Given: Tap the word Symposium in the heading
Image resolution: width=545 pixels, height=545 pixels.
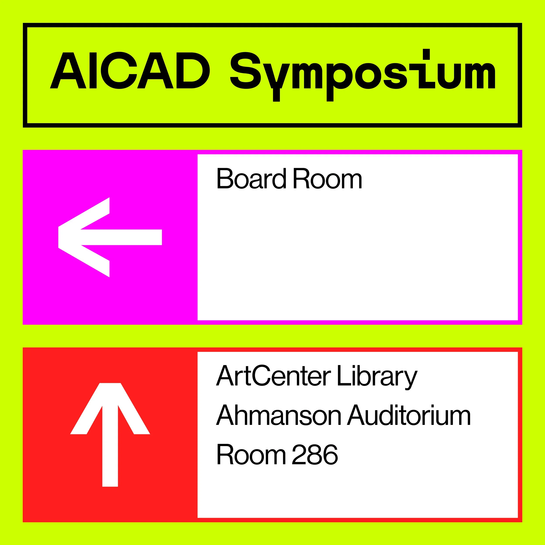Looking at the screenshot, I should pyautogui.click(x=363, y=72).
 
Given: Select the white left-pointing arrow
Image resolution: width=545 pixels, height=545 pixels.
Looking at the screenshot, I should pyautogui.click(x=110, y=237).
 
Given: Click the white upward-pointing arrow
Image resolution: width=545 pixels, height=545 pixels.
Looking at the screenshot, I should pyautogui.click(x=110, y=434).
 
